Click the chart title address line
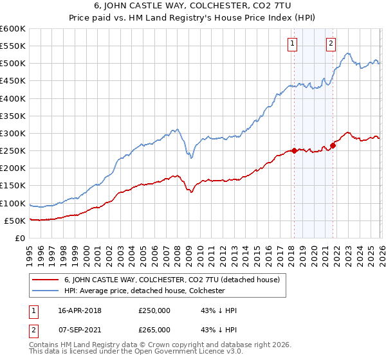(192, 6)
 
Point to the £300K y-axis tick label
(13, 133)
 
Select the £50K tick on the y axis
(15, 221)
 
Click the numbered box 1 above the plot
(293, 44)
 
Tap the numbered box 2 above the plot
(331, 44)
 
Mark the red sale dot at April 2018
(294, 151)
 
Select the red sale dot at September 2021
(333, 145)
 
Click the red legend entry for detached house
(171, 280)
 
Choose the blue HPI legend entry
(143, 291)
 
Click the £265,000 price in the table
(154, 329)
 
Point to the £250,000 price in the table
(154, 310)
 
